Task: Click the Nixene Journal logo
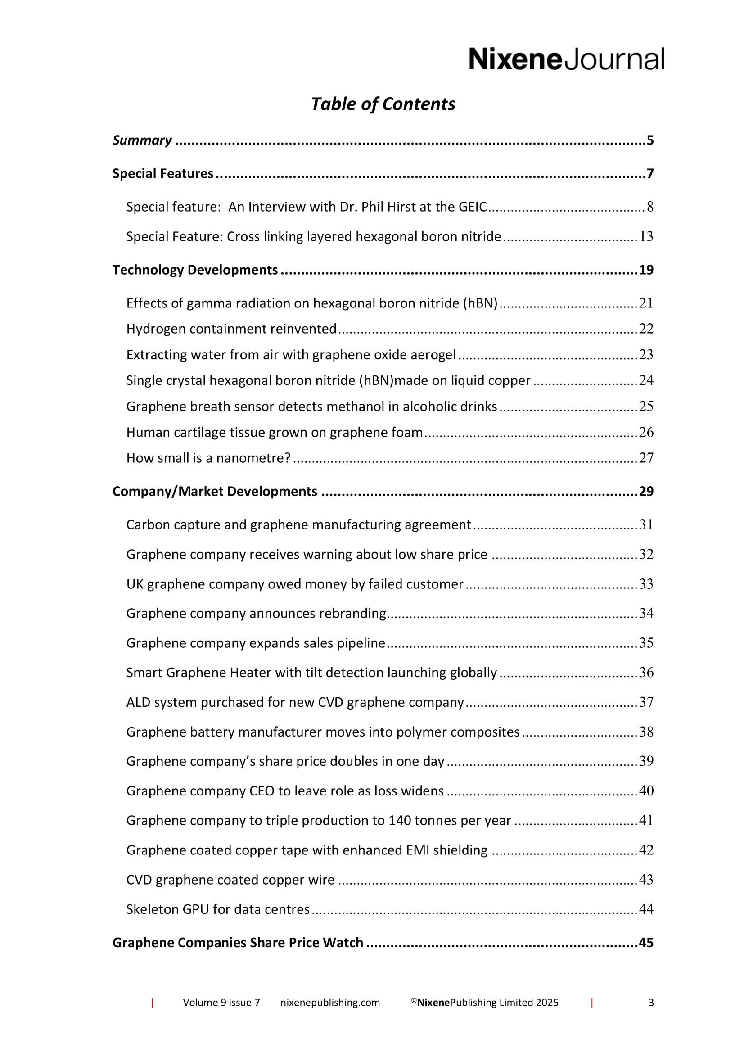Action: (x=566, y=59)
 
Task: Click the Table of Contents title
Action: (x=383, y=104)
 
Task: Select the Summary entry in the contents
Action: (x=142, y=140)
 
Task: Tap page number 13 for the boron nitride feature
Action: (x=646, y=237)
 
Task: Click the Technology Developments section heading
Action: (x=195, y=270)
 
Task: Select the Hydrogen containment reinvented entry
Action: (x=231, y=329)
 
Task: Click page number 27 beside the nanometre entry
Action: (x=646, y=458)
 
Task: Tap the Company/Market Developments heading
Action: (x=215, y=492)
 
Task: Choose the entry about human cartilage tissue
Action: (x=274, y=433)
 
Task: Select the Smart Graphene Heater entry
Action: (x=311, y=673)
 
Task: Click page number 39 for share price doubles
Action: (x=646, y=761)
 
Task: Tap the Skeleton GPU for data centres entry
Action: (x=218, y=909)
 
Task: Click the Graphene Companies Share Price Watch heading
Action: (x=238, y=943)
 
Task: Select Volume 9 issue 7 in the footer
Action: (x=221, y=1003)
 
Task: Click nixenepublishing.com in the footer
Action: (x=330, y=1003)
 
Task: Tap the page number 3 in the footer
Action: (x=651, y=1003)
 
